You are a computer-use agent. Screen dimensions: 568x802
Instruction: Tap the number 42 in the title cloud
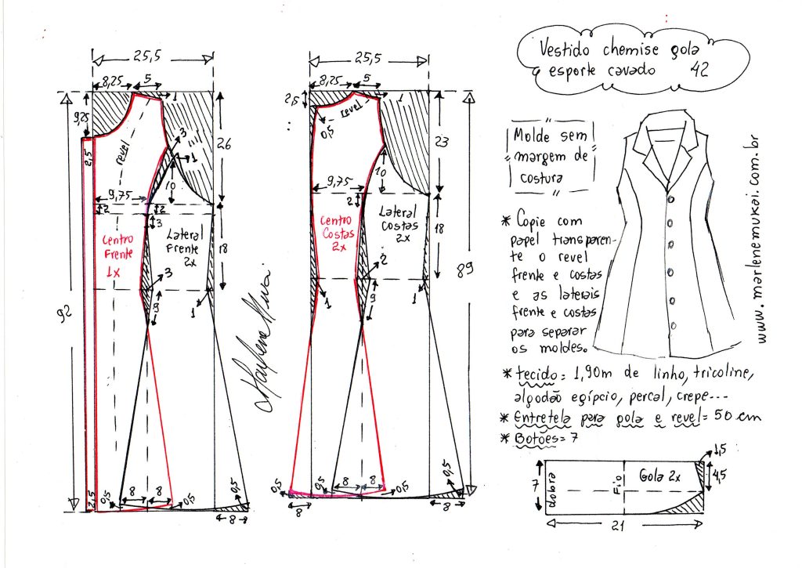tap(701, 68)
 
